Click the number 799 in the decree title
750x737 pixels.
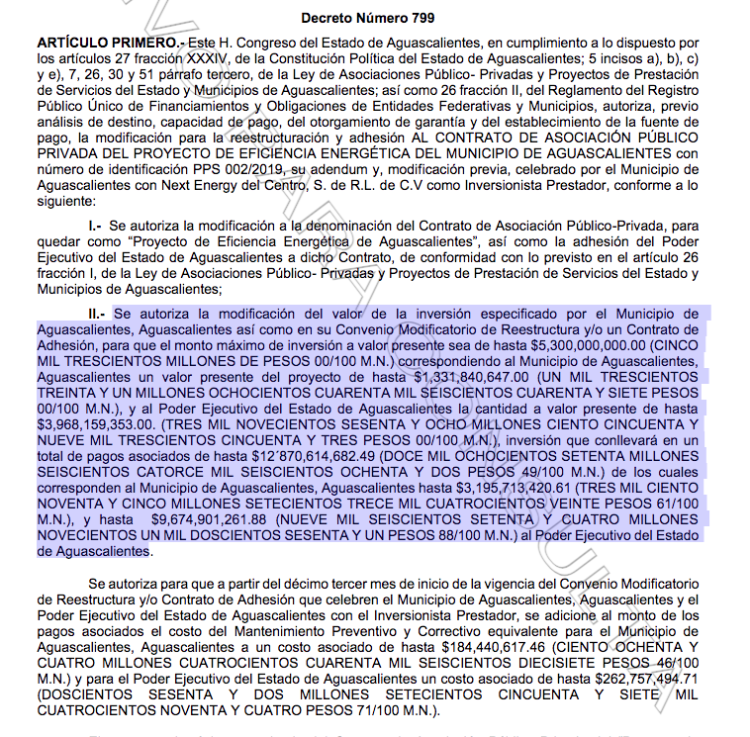coord(418,18)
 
